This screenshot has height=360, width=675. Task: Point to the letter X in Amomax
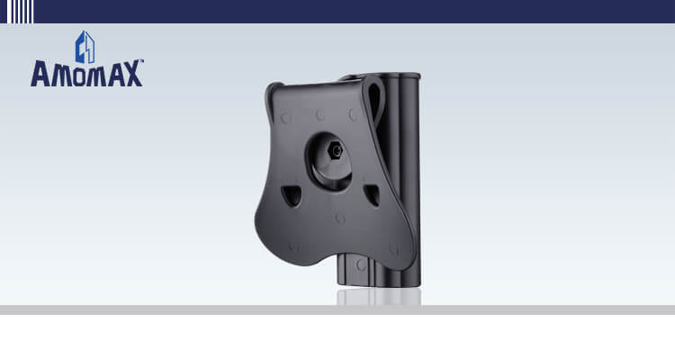[131, 74]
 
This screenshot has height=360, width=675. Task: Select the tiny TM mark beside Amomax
[142, 63]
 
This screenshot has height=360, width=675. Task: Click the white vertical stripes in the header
[21, 11]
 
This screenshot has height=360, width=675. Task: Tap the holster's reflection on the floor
[378, 297]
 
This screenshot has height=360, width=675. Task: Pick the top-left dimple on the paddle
[286, 118]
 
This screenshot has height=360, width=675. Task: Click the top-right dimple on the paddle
[353, 114]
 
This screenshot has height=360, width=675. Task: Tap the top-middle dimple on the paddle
[319, 114]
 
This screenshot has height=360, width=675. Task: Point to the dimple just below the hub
[340, 218]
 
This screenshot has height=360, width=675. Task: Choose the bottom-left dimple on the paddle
[294, 246]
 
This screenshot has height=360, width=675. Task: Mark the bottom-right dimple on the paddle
[393, 249]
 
